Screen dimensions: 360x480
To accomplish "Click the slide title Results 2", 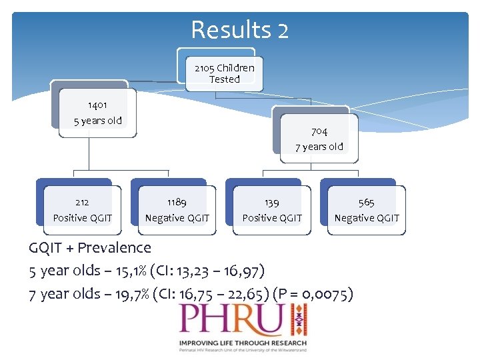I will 239,30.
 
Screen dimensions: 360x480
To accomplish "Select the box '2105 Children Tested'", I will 224,73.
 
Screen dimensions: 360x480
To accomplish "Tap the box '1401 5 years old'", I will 97,113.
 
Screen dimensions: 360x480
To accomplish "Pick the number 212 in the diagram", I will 82,202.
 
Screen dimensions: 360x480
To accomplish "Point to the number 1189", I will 177,202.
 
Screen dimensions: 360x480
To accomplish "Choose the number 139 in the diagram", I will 271,202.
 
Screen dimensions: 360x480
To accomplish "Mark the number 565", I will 366,202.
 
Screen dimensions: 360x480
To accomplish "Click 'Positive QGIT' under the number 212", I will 83,218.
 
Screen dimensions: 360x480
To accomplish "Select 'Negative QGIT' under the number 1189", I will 177,218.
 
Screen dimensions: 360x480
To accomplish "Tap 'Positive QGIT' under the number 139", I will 272,218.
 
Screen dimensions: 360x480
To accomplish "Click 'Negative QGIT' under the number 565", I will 367,218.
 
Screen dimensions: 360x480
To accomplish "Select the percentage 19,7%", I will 131,294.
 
